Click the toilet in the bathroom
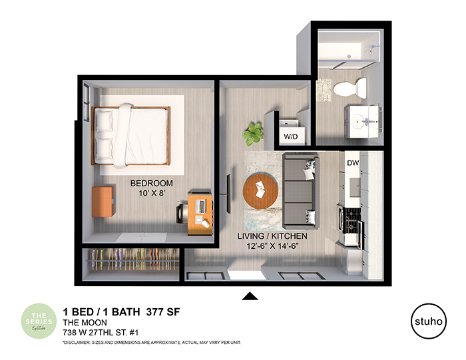(350, 87)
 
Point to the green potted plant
(254, 133)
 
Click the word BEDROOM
(151, 183)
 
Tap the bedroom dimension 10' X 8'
(151, 194)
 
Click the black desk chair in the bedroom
(182, 212)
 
